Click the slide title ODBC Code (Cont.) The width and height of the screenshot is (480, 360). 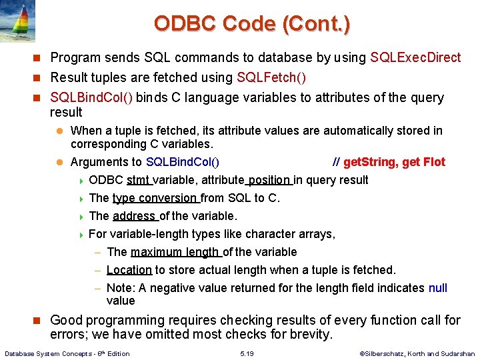click(251, 24)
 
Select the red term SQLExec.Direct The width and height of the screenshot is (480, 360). click(415, 58)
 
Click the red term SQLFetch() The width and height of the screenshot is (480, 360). click(271, 78)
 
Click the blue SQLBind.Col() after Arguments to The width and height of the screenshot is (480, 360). click(182, 162)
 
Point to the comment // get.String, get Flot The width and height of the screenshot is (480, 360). click(389, 162)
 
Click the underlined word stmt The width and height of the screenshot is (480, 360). click(138, 180)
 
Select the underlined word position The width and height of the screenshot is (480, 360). click(269, 180)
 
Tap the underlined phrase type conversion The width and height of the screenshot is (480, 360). click(155, 198)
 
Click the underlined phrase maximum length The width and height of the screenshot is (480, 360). click(175, 252)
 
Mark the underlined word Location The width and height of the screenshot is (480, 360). click(129, 270)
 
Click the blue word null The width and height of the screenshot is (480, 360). click(437, 288)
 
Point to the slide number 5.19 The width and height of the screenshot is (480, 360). click(249, 353)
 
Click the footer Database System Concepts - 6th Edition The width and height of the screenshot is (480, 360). click(67, 353)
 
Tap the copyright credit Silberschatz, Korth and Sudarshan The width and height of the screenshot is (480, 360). click(417, 353)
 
